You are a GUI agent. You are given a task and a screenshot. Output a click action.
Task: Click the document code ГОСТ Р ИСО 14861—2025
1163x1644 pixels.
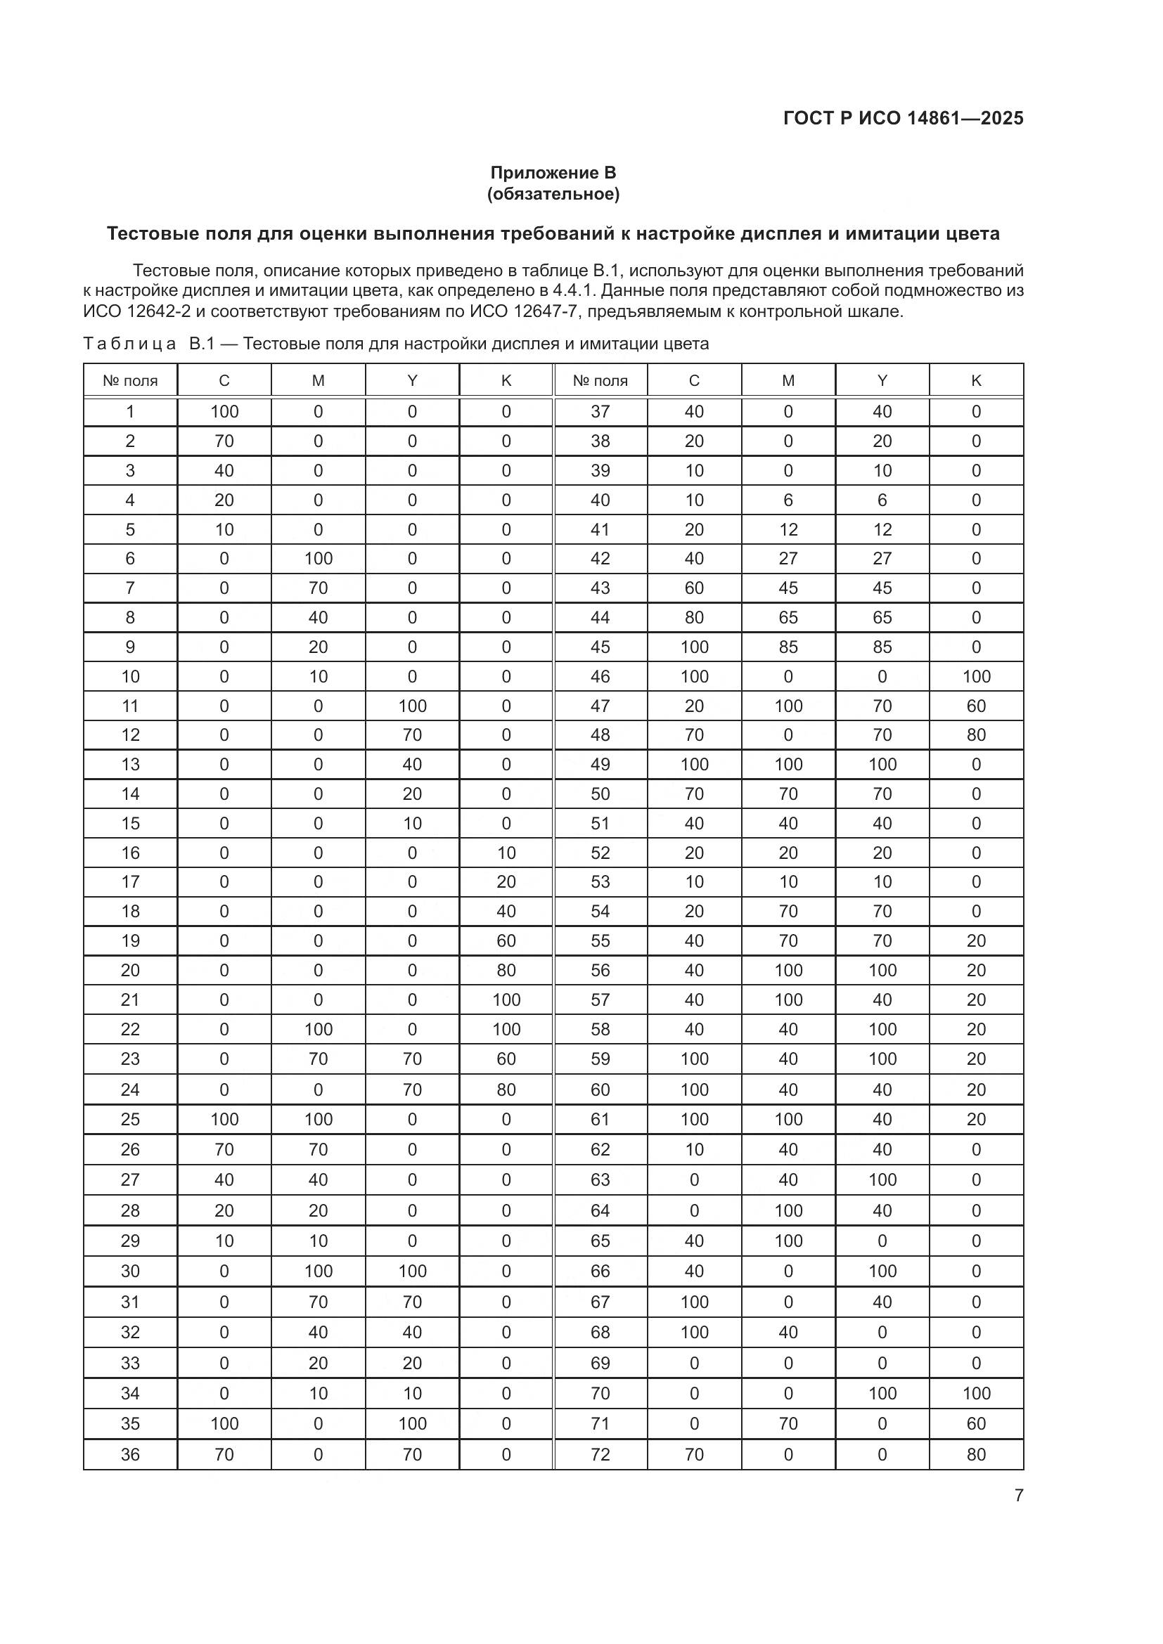tap(903, 118)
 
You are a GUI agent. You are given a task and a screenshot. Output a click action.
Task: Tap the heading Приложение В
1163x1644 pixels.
tap(553, 173)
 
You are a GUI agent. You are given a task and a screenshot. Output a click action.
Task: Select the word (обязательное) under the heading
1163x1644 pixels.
tap(553, 194)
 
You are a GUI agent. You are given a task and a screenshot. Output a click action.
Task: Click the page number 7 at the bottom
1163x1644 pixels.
tap(1018, 1495)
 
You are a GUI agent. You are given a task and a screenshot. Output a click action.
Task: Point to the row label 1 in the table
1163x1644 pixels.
tap(129, 412)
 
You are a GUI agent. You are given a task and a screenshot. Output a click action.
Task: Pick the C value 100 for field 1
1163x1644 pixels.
tap(224, 412)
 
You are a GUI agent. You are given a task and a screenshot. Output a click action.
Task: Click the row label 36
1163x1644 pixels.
tap(129, 1454)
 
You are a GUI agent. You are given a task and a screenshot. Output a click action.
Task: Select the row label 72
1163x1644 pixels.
tap(600, 1454)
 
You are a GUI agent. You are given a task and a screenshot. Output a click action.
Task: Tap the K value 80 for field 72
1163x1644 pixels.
tap(976, 1454)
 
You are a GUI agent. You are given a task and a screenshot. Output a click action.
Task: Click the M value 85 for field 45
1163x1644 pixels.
tap(788, 647)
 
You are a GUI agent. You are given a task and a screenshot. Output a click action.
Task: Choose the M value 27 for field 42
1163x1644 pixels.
tap(788, 559)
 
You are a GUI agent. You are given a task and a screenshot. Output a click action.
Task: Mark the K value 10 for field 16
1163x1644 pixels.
tap(506, 853)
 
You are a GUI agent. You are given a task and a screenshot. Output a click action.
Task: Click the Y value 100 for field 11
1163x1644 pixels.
tap(412, 706)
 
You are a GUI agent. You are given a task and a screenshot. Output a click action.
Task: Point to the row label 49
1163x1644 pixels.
tap(600, 765)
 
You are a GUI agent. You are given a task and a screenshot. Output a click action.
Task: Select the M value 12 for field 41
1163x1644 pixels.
tap(788, 530)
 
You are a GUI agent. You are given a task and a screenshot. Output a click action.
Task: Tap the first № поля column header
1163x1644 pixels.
tap(129, 381)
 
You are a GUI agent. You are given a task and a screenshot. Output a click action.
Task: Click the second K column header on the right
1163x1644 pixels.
tap(976, 381)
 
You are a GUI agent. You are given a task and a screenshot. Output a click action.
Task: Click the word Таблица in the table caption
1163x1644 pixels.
tap(129, 344)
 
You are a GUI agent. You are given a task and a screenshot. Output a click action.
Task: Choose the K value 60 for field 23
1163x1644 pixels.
tap(506, 1059)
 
